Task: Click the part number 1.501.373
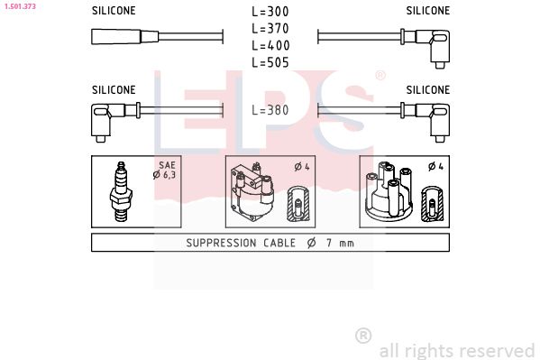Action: click(20, 6)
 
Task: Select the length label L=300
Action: click(270, 12)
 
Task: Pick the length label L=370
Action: click(270, 29)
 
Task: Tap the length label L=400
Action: click(270, 45)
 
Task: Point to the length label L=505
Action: click(270, 62)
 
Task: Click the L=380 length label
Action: click(270, 110)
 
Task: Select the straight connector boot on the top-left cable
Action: click(124, 37)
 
